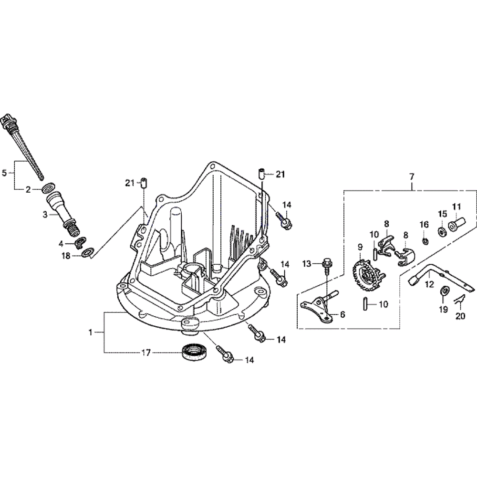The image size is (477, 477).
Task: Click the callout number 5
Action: [x=5, y=174]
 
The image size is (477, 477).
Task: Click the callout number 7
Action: [x=412, y=177]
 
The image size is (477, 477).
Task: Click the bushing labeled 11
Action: [x=456, y=223]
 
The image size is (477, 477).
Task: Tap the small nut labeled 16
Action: [x=424, y=240]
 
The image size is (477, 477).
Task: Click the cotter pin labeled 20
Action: [x=459, y=301]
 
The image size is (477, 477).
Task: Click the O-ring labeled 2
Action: [x=47, y=189]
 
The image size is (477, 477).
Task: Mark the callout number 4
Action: [x=61, y=243]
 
